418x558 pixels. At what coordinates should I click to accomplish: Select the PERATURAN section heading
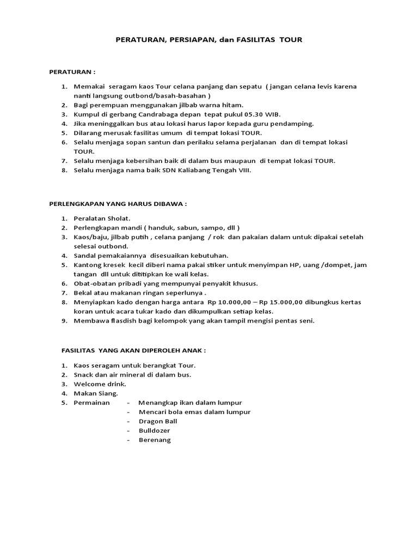coord(70,71)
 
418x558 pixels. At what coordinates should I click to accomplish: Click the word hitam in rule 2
coord(232,105)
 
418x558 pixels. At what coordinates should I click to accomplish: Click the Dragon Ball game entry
coord(158,421)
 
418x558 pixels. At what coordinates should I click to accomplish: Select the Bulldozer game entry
coord(154,430)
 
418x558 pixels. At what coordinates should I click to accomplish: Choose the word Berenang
coord(155,440)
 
